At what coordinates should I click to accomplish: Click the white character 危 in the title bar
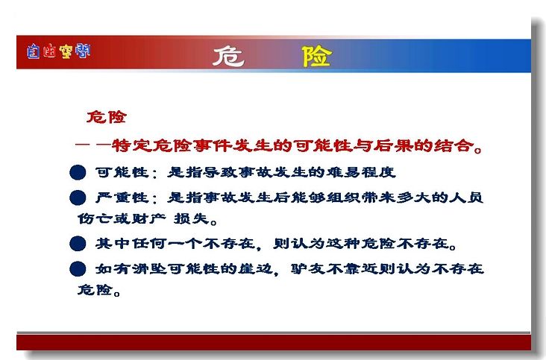pyautogui.click(x=228, y=57)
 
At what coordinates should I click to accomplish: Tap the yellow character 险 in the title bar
pyautogui.click(x=316, y=57)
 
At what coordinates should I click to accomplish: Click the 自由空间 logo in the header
pyautogui.click(x=58, y=51)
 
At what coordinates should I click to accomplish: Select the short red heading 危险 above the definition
pyautogui.click(x=107, y=117)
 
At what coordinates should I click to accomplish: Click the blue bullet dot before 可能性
pyautogui.click(x=78, y=172)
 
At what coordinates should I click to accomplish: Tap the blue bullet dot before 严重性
pyautogui.click(x=78, y=198)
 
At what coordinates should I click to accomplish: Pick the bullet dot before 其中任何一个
pyautogui.click(x=78, y=243)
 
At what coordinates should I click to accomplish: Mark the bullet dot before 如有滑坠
pyautogui.click(x=78, y=269)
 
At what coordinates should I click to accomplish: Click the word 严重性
pyautogui.click(x=122, y=198)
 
